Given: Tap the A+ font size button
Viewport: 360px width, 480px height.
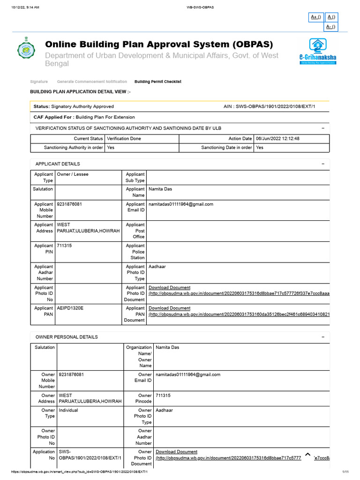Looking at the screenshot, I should point(316,17).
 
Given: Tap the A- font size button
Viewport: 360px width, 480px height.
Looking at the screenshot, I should point(331,27).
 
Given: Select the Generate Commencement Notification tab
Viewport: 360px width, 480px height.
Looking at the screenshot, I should point(92,82).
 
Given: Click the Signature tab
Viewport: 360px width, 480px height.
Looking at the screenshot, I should point(39,82).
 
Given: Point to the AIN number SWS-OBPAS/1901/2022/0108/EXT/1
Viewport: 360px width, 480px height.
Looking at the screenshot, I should point(269,107).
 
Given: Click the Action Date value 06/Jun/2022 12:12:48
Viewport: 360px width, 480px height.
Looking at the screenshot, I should point(277,139).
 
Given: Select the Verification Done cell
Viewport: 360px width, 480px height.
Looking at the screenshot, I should point(124,139).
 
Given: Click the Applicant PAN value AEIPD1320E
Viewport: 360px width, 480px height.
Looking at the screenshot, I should point(70,308).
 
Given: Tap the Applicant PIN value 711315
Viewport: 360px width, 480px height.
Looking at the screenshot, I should point(65,246).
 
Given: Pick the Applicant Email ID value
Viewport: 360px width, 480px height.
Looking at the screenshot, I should point(181,204).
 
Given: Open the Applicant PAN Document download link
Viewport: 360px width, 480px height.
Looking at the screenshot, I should point(170,308).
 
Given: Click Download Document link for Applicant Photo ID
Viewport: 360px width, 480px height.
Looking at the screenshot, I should point(170,288).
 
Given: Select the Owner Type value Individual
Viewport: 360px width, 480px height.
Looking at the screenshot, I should point(68,410).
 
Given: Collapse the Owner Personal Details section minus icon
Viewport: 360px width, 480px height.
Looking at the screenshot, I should point(323,337).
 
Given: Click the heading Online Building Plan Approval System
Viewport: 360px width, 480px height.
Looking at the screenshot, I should point(158,45).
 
